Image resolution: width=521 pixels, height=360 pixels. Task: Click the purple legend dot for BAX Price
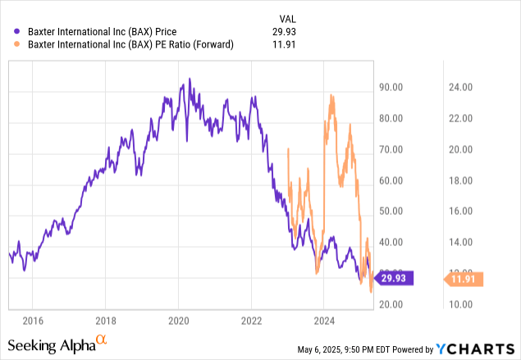point(8,32)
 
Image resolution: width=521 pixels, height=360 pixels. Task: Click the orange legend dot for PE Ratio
point(8,45)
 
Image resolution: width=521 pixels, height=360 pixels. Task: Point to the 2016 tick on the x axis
point(33,319)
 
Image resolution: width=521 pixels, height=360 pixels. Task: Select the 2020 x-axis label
point(179,319)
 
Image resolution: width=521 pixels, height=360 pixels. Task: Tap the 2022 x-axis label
point(252,319)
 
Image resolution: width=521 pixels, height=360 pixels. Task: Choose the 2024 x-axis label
point(325,319)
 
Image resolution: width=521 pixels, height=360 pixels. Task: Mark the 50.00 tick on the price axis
point(395,211)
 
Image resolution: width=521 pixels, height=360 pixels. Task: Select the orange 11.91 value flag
point(466,280)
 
